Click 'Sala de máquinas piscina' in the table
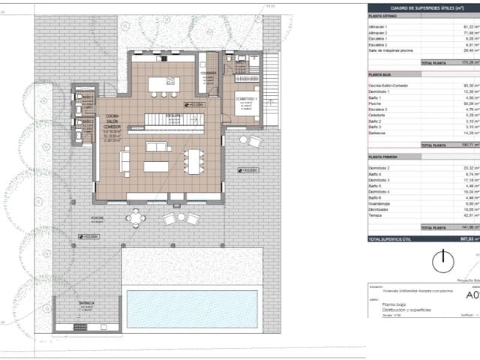(x=389, y=51)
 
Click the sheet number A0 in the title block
(x=472, y=295)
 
